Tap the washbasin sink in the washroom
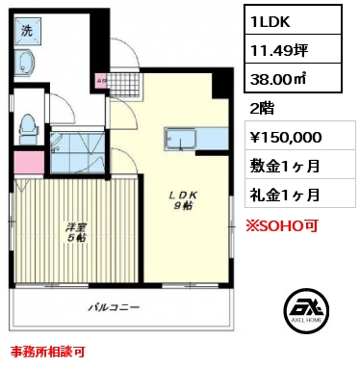[25, 64]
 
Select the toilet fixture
[28, 129]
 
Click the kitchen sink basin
[180, 139]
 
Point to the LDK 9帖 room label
[183, 200]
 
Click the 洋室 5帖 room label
[76, 232]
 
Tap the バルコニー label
[114, 307]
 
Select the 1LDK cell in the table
[293, 19]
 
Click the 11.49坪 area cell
[293, 49]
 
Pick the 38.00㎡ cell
[293, 78]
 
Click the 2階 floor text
[262, 109]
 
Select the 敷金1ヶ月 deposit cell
[300, 165]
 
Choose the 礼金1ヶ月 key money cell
[300, 194]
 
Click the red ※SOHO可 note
[282, 225]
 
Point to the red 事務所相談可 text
[48, 352]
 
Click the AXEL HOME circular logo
[306, 309]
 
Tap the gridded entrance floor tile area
[123, 85]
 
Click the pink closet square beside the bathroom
[29, 163]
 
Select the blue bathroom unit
[78, 152]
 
